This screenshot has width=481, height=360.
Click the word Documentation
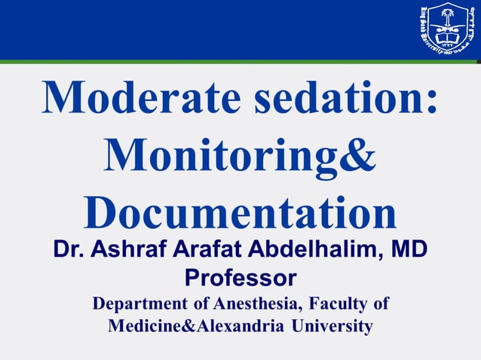240,212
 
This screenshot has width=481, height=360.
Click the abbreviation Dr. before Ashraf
69,250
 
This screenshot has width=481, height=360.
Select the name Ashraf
127,250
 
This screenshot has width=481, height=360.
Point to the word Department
138,305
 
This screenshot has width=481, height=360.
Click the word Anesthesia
251,305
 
